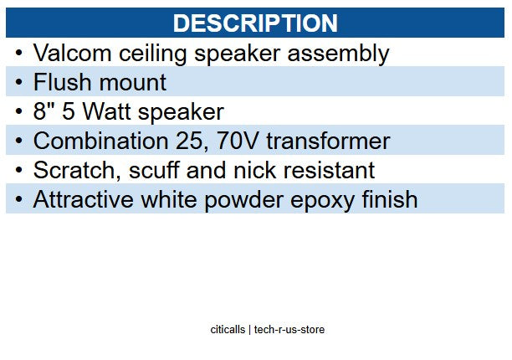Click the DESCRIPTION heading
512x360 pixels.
pyautogui.click(x=255, y=23)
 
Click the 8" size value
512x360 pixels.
pyautogui.click(x=43, y=111)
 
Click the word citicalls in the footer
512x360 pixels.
pyautogui.click(x=228, y=330)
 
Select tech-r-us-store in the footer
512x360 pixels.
pyautogui.click(x=289, y=330)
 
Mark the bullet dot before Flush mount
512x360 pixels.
pyautogui.click(x=19, y=83)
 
